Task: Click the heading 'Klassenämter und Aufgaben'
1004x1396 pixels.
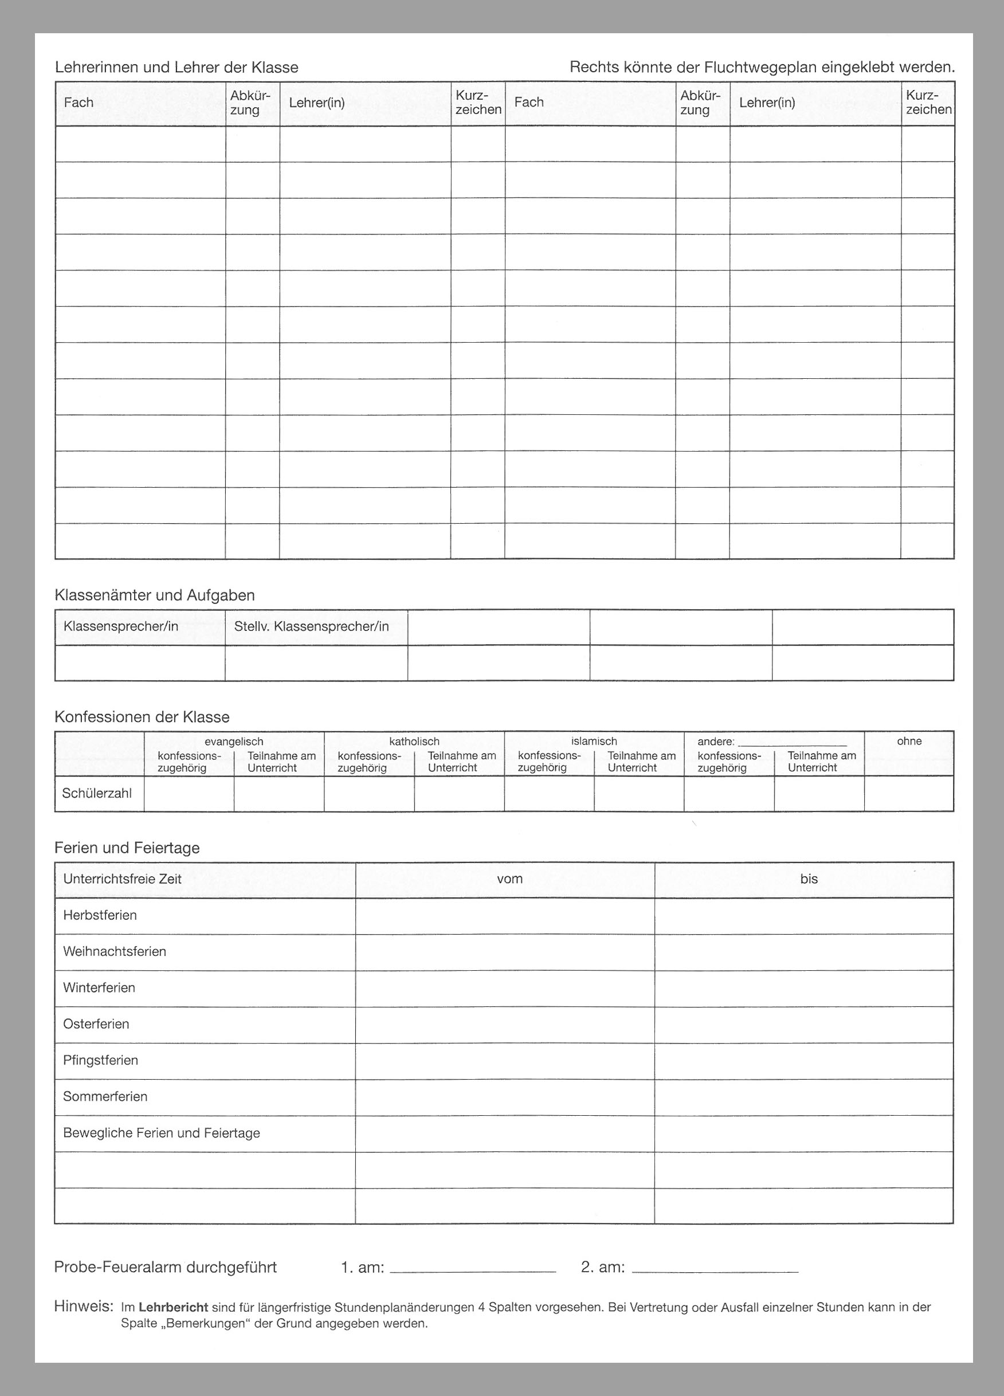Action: click(x=155, y=595)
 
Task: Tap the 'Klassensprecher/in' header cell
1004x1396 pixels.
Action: click(x=121, y=626)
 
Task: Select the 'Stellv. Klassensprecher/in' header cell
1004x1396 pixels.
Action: click(x=312, y=626)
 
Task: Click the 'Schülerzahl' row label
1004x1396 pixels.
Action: click(x=97, y=793)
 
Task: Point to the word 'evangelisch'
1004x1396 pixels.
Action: click(x=234, y=741)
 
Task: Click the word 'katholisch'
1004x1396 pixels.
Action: click(x=414, y=741)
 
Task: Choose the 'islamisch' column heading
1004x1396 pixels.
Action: click(x=594, y=741)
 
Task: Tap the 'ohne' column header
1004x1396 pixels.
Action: click(x=909, y=741)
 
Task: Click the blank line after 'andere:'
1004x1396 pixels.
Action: click(x=792, y=743)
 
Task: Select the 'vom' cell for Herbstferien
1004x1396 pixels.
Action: click(x=505, y=916)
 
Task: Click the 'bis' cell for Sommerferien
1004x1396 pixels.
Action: click(x=804, y=1097)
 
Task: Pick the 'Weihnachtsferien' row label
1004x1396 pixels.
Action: click(x=115, y=952)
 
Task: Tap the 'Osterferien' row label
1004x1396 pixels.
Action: click(x=96, y=1024)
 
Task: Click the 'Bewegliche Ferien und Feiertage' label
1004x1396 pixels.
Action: click(x=161, y=1133)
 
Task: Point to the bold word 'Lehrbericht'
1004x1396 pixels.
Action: click(x=173, y=1307)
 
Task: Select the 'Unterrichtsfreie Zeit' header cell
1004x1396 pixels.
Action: click(x=122, y=879)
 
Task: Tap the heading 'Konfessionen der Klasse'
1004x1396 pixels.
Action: click(x=142, y=717)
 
